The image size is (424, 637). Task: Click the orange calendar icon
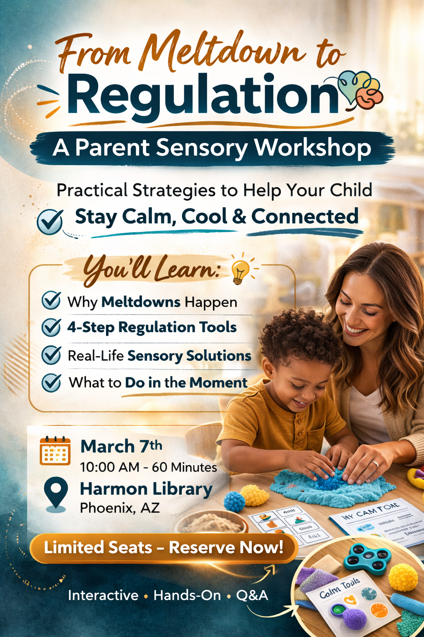[55, 451]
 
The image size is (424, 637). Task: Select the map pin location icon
[56, 493]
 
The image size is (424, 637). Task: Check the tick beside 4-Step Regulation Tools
[52, 327]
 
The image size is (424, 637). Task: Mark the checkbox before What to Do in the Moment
[52, 382]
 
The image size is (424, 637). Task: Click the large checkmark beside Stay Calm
[50, 221]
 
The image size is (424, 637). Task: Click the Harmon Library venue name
[146, 489]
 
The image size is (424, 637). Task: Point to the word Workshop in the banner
[313, 148]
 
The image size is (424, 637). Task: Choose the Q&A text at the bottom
[252, 596]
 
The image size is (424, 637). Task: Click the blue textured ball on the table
[234, 501]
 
